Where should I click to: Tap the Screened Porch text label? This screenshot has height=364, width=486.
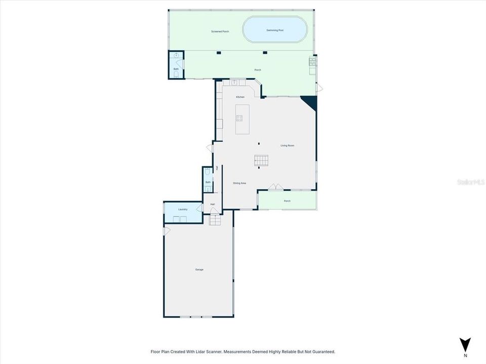coord(220,31)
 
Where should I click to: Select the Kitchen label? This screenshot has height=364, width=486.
coord(240,97)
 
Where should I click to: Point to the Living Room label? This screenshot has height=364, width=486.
coord(288,146)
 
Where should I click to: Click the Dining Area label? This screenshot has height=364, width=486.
coord(239,183)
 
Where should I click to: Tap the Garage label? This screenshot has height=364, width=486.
coord(199,269)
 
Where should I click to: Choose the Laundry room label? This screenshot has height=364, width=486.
coord(183,209)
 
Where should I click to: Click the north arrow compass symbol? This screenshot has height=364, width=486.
coord(465,344)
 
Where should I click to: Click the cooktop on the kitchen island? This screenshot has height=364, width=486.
coord(239,118)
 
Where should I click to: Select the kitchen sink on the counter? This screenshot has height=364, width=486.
coord(234,82)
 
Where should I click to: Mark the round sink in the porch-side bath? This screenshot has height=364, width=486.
coord(176,56)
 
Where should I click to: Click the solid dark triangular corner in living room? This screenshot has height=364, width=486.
coord(310,102)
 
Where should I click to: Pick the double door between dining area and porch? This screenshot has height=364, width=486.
coord(275,187)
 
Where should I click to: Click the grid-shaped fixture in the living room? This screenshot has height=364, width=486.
coord(262,161)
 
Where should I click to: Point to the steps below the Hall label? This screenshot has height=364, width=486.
coord(215,220)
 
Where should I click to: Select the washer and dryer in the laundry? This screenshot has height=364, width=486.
coord(178,219)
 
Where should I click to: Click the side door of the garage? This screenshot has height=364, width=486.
coord(167,231)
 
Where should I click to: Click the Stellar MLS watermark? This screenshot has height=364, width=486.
coord(469,181)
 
